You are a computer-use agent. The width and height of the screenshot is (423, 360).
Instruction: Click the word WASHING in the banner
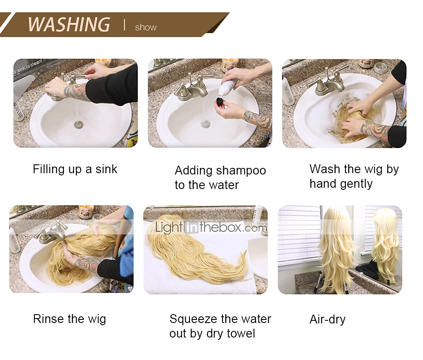[69, 24]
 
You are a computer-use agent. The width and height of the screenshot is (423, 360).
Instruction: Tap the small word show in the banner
[146, 27]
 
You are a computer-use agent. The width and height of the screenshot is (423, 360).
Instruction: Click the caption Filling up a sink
[75, 169]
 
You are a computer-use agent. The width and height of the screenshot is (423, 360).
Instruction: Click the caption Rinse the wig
[69, 319]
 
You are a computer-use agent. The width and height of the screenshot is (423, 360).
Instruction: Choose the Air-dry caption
[327, 319]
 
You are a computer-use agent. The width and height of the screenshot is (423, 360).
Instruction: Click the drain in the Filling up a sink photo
[79, 124]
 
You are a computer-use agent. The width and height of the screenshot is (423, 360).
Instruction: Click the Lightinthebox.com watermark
[211, 227]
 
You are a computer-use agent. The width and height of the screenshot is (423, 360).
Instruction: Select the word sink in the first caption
[106, 169]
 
